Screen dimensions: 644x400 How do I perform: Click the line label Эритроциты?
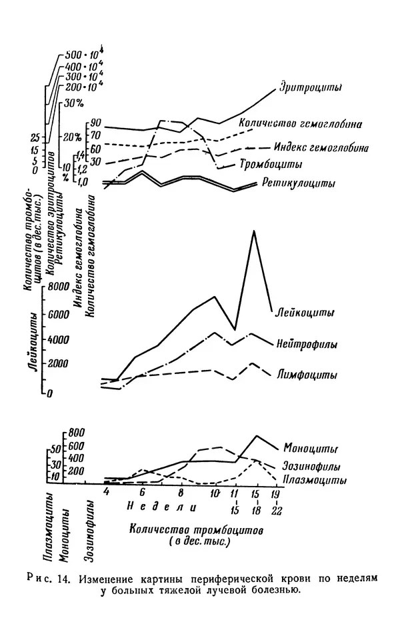[311, 88]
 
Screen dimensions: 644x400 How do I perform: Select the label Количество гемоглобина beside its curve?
[301, 124]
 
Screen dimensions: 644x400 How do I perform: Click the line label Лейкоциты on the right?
[305, 311]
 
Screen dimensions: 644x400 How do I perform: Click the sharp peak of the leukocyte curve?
[253, 231]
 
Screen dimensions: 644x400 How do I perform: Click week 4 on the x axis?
[105, 492]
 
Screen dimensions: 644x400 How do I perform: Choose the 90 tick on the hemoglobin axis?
[95, 123]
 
